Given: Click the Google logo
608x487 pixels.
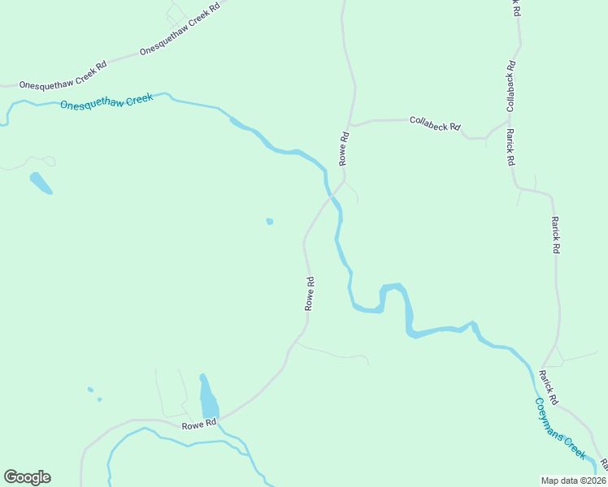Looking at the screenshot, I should pyautogui.click(x=27, y=477).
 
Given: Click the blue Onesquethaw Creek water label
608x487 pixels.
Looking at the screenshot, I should pyautogui.click(x=106, y=102).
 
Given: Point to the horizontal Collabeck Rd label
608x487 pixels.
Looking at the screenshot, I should pyautogui.click(x=435, y=123).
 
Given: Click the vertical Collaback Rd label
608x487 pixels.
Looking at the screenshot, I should pyautogui.click(x=510, y=87).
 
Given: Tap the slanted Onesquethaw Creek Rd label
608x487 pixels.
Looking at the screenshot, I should pyautogui.click(x=180, y=29).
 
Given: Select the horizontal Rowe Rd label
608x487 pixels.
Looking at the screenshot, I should pyautogui.click(x=199, y=424).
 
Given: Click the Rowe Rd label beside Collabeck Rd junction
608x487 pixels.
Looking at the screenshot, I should pyautogui.click(x=345, y=147).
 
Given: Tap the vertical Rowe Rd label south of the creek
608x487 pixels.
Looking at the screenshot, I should pyautogui.click(x=310, y=293).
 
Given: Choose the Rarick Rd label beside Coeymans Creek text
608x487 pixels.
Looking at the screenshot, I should pyautogui.click(x=549, y=387).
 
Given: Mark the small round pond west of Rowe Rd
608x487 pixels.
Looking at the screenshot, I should pyautogui.click(x=270, y=221).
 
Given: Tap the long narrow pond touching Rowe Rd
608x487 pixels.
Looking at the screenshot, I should pyautogui.click(x=208, y=398).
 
